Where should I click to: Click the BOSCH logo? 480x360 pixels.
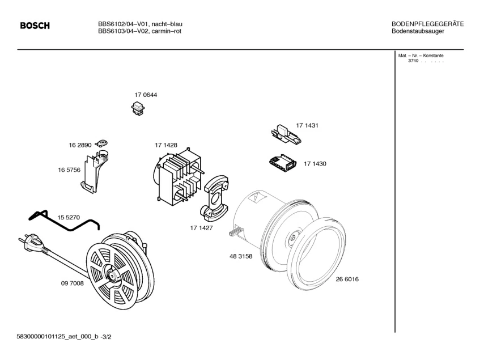click(35, 26)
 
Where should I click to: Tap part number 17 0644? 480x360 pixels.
click(146, 95)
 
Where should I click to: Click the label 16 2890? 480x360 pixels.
click(80, 146)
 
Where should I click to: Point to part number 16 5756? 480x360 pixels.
click(69, 170)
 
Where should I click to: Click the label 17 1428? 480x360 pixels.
click(166, 146)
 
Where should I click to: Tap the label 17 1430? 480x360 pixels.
click(315, 163)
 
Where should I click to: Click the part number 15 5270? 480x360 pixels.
click(69, 217)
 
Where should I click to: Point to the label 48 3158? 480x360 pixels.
click(241, 256)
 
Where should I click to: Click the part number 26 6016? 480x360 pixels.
click(347, 279)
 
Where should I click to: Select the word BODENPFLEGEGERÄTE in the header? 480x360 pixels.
click(428, 24)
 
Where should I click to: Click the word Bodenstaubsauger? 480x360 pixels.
click(418, 31)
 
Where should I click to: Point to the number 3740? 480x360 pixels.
click(413, 61)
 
